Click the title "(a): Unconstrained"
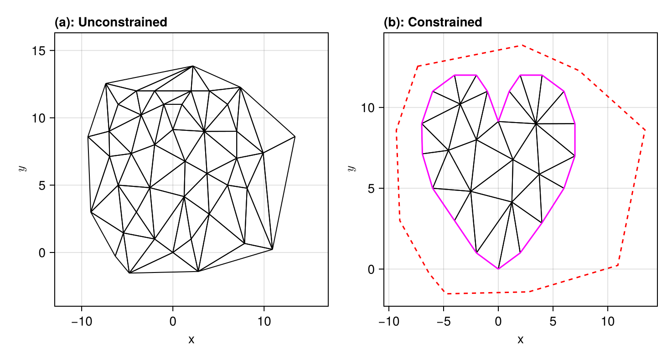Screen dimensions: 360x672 pos(111,22)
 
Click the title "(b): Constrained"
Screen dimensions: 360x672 pos(433,22)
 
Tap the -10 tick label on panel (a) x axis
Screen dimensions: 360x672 pos(82,322)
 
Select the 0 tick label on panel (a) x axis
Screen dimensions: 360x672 pos(173,322)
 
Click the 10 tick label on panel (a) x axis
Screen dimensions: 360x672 pos(264,322)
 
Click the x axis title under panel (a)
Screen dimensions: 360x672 pos(191,339)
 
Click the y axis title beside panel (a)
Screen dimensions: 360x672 pos(21,169)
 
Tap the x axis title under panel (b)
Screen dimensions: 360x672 pos(520,339)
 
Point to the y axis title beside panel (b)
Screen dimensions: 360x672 pos(351,169)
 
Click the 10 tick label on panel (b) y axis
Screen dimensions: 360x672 pos(367,108)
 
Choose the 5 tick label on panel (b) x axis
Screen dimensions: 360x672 pos(553,322)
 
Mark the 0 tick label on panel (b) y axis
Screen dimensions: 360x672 pos(370,269)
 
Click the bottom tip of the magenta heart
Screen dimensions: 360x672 pos(498,269)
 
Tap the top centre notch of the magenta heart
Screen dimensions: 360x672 pos(499,121)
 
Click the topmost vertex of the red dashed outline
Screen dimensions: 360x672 pos(522,45)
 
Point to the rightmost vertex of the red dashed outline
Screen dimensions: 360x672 pos(645,130)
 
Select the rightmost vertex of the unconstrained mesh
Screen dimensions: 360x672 pos(295,136)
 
